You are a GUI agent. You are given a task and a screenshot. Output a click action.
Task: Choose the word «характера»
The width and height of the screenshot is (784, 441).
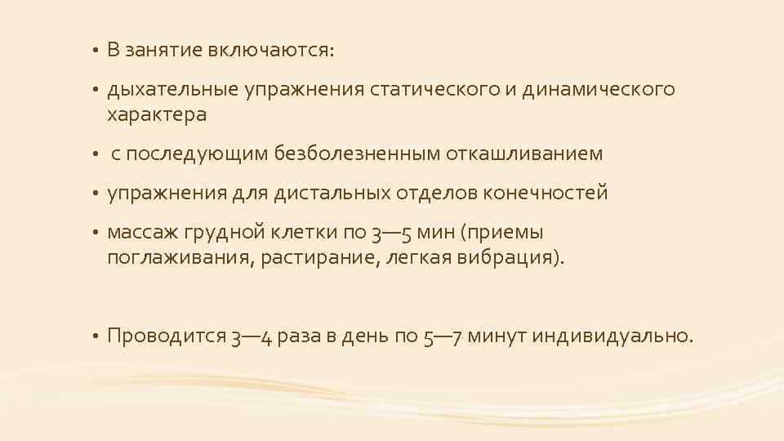pyautogui.click(x=156, y=114)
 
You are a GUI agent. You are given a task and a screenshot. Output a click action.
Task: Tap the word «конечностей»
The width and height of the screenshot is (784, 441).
pyautogui.click(x=546, y=193)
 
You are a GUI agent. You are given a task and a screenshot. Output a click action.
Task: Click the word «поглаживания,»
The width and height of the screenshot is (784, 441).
pyautogui.click(x=180, y=259)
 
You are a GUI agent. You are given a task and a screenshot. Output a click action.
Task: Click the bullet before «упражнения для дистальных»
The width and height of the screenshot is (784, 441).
pyautogui.click(x=96, y=194)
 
